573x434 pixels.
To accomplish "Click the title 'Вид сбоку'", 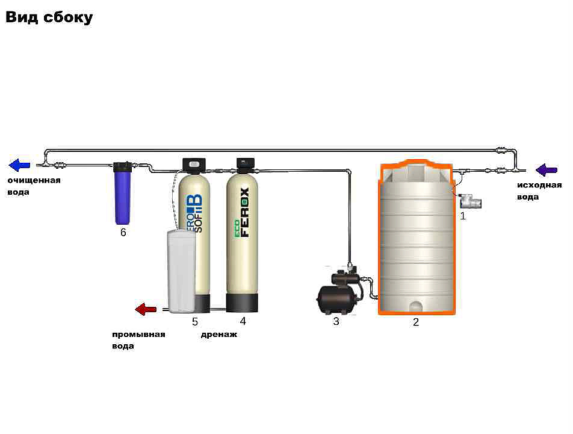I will click(x=49, y=17).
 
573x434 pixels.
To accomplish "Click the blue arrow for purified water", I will click(x=20, y=165).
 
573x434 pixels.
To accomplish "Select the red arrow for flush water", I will click(x=146, y=309).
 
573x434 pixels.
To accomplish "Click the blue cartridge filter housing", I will click(x=123, y=193).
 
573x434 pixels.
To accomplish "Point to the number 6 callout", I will click(x=123, y=233).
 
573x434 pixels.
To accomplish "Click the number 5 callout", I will click(x=195, y=322).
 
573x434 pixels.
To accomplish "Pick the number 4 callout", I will click(x=243, y=321).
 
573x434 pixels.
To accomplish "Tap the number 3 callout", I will click(x=336, y=322).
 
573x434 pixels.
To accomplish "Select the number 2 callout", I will click(x=415, y=322).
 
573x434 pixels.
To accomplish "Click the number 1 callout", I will click(x=463, y=215).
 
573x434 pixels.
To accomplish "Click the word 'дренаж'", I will click(x=219, y=335).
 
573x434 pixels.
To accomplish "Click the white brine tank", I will click(x=181, y=271).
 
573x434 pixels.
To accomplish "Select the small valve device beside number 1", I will click(x=471, y=201).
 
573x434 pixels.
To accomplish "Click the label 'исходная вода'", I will click(x=539, y=190).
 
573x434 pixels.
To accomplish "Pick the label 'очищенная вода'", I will click(x=34, y=186).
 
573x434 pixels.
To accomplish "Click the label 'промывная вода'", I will click(x=138, y=340).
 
